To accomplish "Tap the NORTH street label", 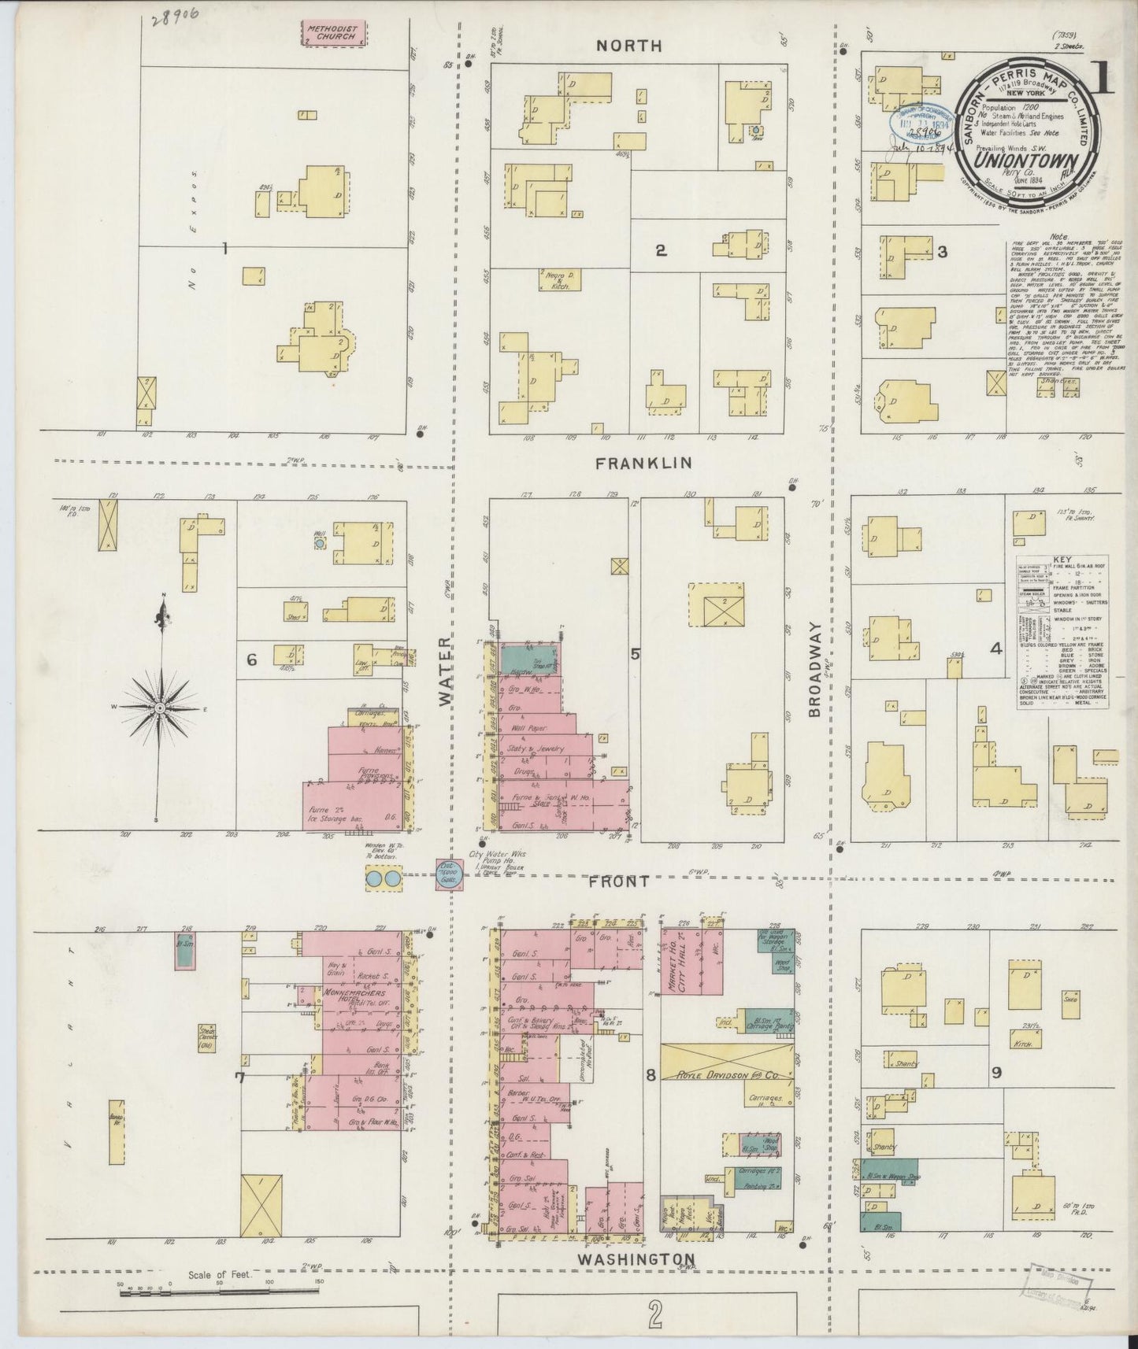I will (x=628, y=46).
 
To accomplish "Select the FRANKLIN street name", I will (x=643, y=463).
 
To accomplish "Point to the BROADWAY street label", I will (x=814, y=670).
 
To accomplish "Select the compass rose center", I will (x=160, y=708).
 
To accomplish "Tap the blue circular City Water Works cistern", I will (x=449, y=876).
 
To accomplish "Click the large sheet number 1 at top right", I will (x=1103, y=76).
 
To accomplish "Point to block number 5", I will (x=635, y=652).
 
